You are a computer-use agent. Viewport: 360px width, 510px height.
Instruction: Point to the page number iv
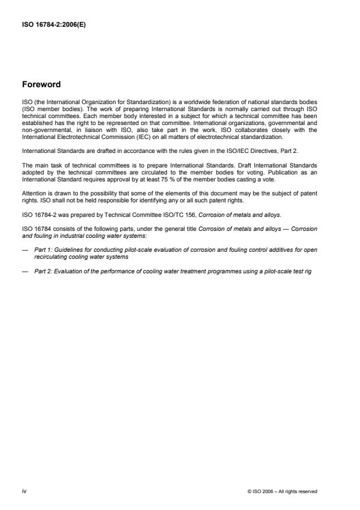click(24, 491)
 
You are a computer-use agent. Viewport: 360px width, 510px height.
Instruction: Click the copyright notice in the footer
click(282, 491)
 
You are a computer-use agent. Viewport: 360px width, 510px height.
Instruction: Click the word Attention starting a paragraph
click(34, 191)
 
